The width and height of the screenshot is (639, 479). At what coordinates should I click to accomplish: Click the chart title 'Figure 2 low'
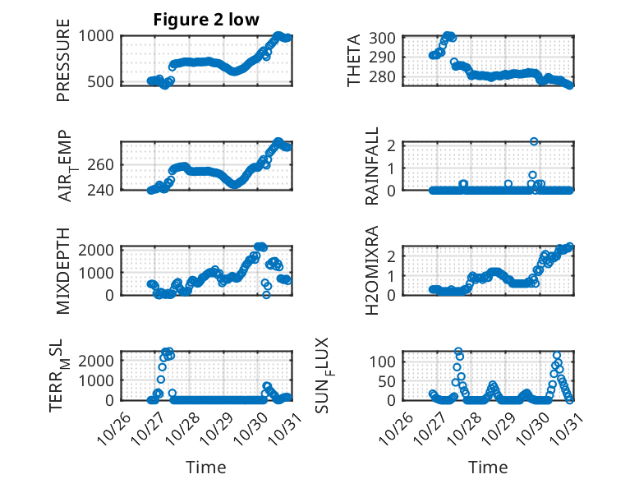click(x=206, y=21)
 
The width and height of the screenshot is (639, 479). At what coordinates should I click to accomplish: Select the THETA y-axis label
click(x=355, y=60)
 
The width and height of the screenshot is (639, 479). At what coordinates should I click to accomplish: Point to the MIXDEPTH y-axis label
click(x=64, y=270)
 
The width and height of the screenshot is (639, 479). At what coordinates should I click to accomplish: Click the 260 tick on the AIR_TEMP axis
click(x=103, y=164)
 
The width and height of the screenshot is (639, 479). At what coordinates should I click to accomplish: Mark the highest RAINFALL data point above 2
click(x=534, y=141)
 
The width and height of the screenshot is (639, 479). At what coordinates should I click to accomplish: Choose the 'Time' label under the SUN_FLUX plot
click(x=488, y=467)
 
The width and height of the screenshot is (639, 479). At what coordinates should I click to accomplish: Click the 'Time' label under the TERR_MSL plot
click(x=205, y=467)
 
